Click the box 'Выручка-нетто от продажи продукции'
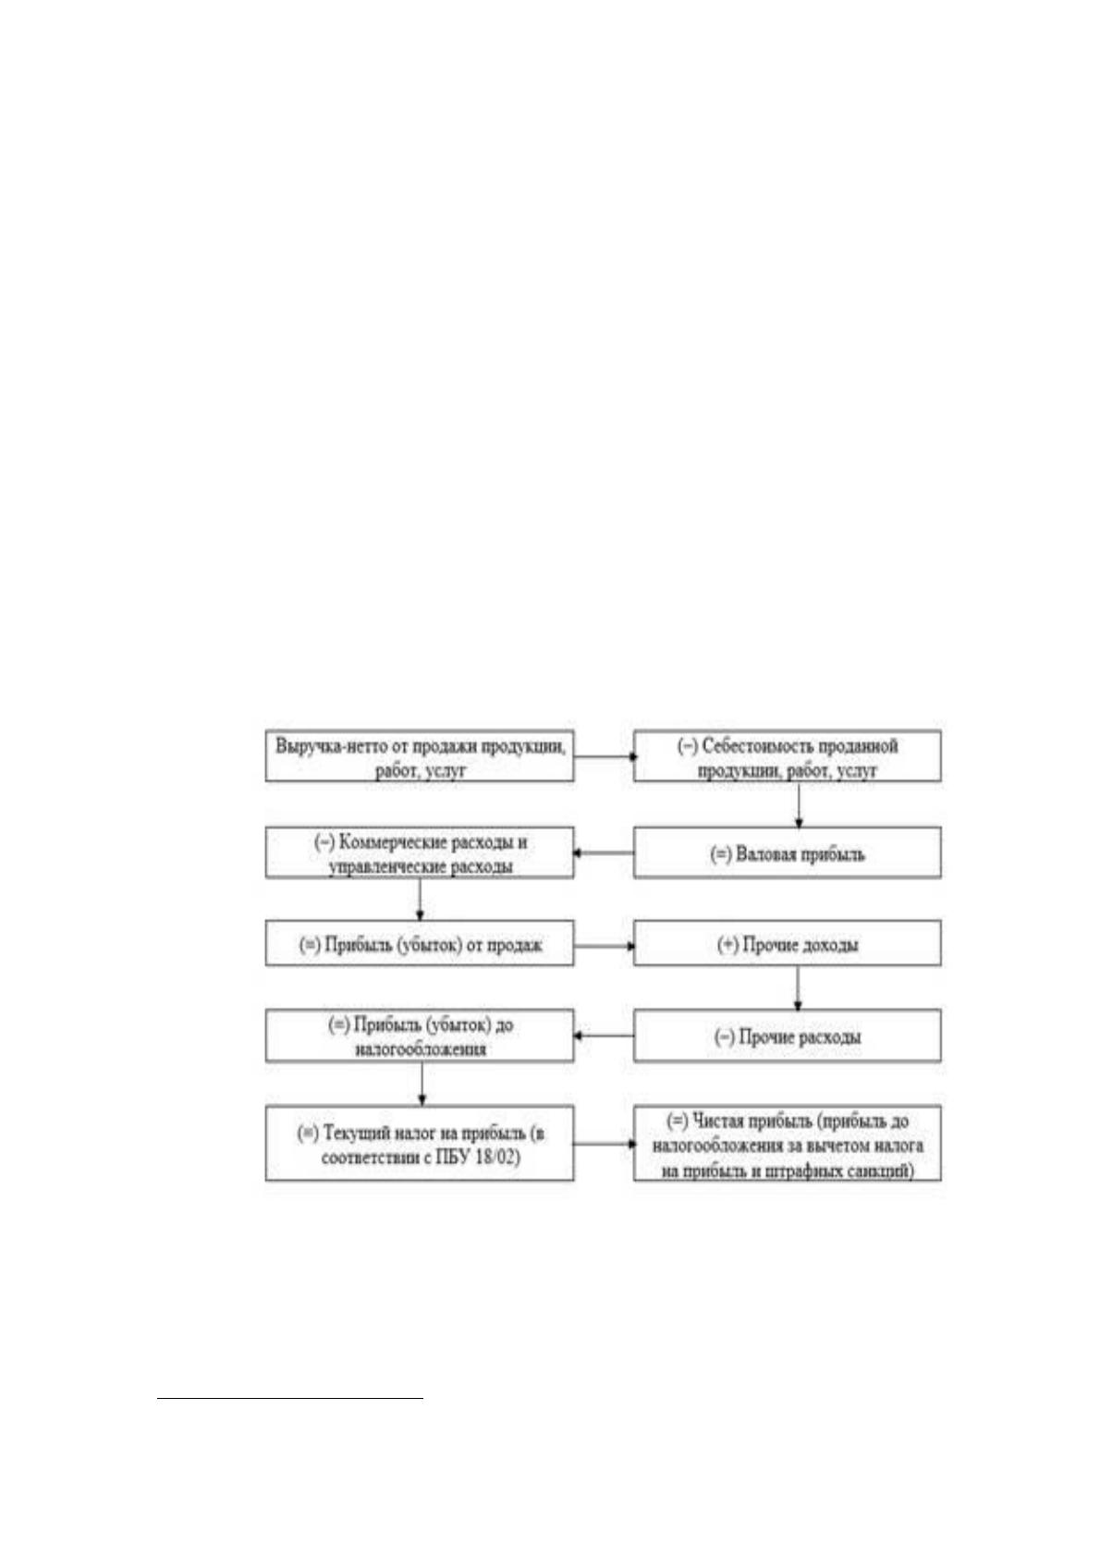[x=419, y=755]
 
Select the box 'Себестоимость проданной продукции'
[x=788, y=755]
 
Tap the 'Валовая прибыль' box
[x=788, y=852]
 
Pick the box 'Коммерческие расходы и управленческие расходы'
[x=419, y=852]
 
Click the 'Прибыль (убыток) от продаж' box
[x=419, y=943]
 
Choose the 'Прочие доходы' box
[x=788, y=943]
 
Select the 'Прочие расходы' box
[x=788, y=1036]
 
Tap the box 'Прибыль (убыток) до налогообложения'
[x=419, y=1036]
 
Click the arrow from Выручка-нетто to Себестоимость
[x=605, y=755]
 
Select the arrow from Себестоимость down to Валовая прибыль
[x=799, y=805]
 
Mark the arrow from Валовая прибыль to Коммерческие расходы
[x=604, y=852]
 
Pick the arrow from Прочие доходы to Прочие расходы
[x=798, y=987]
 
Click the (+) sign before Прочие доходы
[x=727, y=945]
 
